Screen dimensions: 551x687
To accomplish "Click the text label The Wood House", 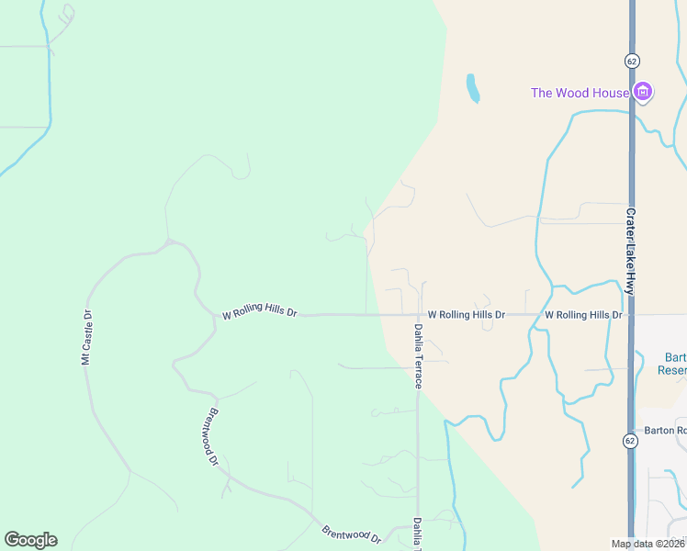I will tap(580, 93).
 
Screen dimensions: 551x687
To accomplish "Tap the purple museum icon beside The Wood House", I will tap(643, 92).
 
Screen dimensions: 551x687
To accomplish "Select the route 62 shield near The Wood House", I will tap(631, 60).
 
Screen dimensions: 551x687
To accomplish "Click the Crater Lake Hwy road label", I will tap(631, 251).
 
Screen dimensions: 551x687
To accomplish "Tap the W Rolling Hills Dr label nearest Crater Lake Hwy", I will tap(584, 315).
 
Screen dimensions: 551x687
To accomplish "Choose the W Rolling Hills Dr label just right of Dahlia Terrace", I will tap(467, 315).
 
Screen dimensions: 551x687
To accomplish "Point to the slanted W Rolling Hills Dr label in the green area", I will tap(260, 313).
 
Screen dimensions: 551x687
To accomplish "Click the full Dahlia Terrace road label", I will tap(418, 355).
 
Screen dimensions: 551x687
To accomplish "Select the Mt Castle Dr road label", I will tap(87, 338).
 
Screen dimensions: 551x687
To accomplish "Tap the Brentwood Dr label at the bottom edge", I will tap(351, 534).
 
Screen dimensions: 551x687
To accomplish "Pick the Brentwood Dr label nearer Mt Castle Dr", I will tap(213, 436).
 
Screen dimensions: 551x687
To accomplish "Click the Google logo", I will tap(30, 540).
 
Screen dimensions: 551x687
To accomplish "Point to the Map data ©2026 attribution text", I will tap(648, 544).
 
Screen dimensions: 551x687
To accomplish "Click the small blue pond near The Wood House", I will tap(473, 88).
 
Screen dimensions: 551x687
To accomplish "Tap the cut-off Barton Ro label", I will tap(665, 430).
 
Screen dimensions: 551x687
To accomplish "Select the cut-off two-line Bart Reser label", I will tap(673, 364).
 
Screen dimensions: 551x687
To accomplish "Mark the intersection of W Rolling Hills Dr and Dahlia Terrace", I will tap(419, 315).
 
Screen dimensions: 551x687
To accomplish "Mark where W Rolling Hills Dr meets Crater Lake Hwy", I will tap(631, 315).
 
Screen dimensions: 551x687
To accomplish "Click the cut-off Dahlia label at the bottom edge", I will tap(418, 534).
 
